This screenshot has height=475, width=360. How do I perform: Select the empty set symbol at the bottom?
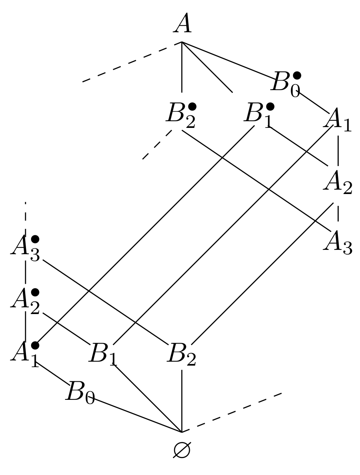point(182,449)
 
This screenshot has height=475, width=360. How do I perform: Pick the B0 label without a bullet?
point(80,392)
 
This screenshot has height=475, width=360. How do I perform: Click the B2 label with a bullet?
point(181,115)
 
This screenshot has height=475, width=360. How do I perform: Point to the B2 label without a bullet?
point(182,354)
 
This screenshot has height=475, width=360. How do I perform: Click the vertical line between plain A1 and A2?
point(338,151)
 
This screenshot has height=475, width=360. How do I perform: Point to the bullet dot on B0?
point(297,75)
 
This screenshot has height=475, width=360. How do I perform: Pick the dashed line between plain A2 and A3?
point(338,214)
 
